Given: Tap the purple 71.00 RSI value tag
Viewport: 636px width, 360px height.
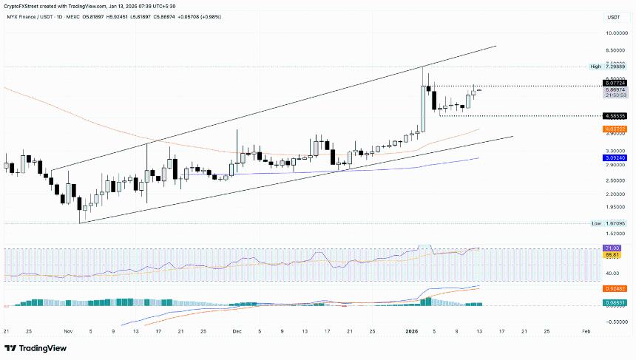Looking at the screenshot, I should coord(611,248).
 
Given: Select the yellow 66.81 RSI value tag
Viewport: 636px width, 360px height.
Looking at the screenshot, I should coord(611,254).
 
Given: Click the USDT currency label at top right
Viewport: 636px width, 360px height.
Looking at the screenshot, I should coord(613,17).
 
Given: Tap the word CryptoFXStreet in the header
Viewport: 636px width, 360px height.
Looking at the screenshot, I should coord(23,6).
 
